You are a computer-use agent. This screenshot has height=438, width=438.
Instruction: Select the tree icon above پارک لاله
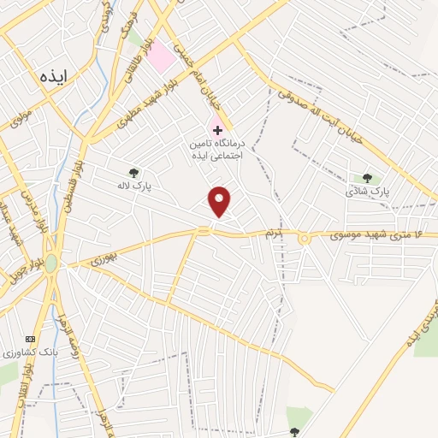tap(132, 172)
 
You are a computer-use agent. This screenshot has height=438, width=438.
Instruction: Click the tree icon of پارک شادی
tap(368, 178)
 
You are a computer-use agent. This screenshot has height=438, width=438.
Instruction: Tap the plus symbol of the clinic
tap(218, 130)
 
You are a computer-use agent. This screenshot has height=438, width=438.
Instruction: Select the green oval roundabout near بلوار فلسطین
tap(51, 263)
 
